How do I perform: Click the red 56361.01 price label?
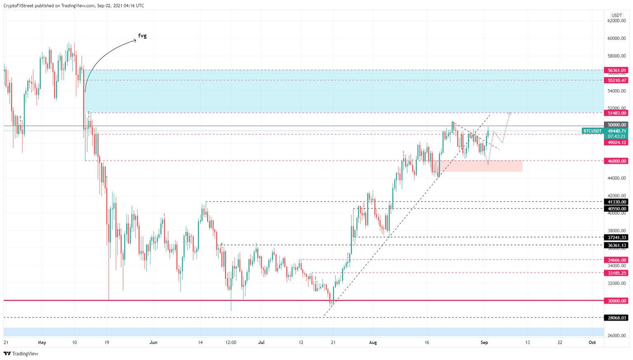(x=616, y=71)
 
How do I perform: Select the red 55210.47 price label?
(x=616, y=80)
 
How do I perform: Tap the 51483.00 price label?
(x=616, y=113)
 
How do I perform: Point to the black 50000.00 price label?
(x=616, y=125)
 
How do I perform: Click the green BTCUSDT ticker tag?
(x=593, y=131)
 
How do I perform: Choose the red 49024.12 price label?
(x=616, y=143)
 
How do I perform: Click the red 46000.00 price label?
(x=616, y=161)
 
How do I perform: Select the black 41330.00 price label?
(x=616, y=202)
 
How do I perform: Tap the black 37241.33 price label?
(x=616, y=238)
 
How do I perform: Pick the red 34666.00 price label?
(x=616, y=260)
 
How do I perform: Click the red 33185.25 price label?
(x=616, y=273)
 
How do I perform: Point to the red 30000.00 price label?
(x=616, y=301)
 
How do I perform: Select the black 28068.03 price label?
(x=616, y=318)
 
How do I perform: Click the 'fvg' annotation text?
(x=142, y=36)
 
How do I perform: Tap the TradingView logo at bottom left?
(x=21, y=353)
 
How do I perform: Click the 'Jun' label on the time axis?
(x=153, y=342)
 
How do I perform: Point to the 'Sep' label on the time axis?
(x=484, y=342)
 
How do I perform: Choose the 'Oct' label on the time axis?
(x=592, y=342)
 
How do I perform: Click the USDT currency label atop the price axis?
(x=617, y=15)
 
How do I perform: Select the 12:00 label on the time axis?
(x=231, y=342)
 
